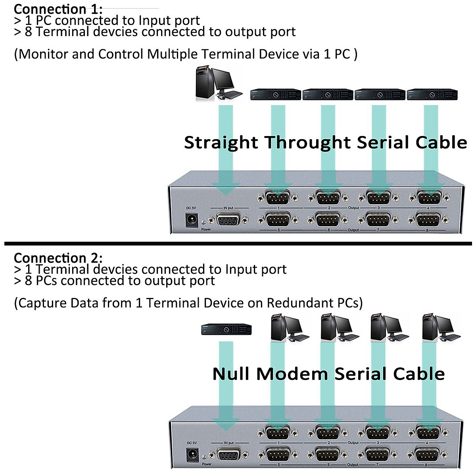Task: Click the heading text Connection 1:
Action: pos(58,9)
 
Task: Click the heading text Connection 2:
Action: pos(58,258)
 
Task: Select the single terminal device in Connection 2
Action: pos(226,329)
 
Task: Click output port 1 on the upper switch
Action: pos(278,198)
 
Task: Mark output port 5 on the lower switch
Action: pos(278,454)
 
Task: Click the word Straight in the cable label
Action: pos(221,142)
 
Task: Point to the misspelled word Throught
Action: pos(307,142)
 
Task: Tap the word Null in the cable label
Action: pos(231,374)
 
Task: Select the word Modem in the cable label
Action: pos(292,374)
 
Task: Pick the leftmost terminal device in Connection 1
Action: pos(276,95)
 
